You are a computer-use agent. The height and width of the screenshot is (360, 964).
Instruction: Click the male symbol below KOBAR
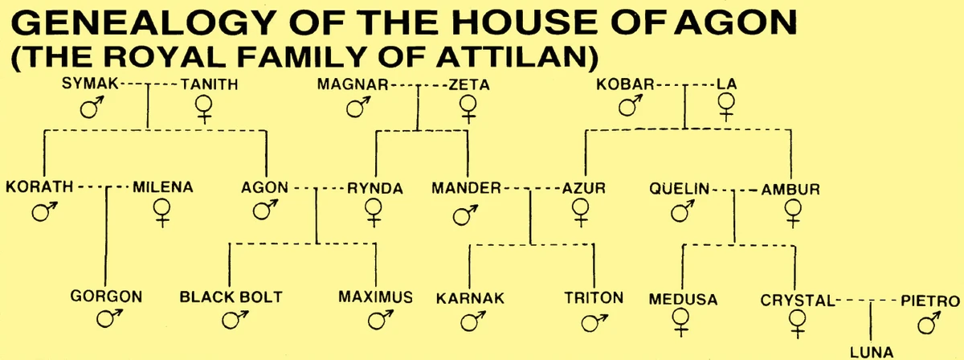pyautogui.click(x=635, y=104)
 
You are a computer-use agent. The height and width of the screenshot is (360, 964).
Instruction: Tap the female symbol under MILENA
pyautogui.click(x=162, y=212)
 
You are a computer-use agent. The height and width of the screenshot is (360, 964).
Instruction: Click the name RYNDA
pyautogui.click(x=374, y=189)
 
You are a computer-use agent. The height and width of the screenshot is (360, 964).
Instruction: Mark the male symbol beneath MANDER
pyautogui.click(x=463, y=214)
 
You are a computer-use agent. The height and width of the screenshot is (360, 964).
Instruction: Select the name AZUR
pyautogui.click(x=582, y=189)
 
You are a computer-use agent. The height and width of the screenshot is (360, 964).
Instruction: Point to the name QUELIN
pyautogui.click(x=680, y=190)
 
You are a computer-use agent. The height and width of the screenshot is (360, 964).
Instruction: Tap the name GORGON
pyautogui.click(x=106, y=297)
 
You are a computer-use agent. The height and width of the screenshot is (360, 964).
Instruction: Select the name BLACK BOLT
pyautogui.click(x=231, y=297)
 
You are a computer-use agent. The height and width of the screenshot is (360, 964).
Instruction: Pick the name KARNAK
pyautogui.click(x=469, y=299)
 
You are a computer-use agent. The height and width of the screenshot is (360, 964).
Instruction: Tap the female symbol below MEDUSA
pyautogui.click(x=682, y=321)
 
